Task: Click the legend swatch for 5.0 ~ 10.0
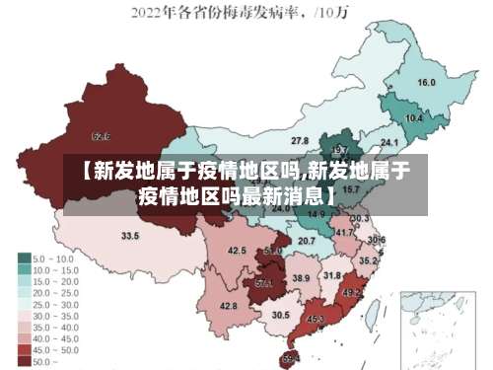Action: [x=24, y=258]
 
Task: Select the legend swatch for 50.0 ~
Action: [x=24, y=361]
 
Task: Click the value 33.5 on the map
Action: [x=130, y=236]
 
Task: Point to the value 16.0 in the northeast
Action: [x=426, y=83]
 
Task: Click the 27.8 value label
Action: [x=299, y=141]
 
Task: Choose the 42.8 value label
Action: [x=228, y=306]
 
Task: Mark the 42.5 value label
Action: [x=237, y=251]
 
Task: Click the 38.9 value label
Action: [x=301, y=279]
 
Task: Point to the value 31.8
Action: [x=332, y=275]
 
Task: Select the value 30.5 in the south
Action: [x=281, y=315]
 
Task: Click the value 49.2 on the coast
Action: [x=351, y=293]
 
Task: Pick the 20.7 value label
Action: [x=307, y=240]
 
